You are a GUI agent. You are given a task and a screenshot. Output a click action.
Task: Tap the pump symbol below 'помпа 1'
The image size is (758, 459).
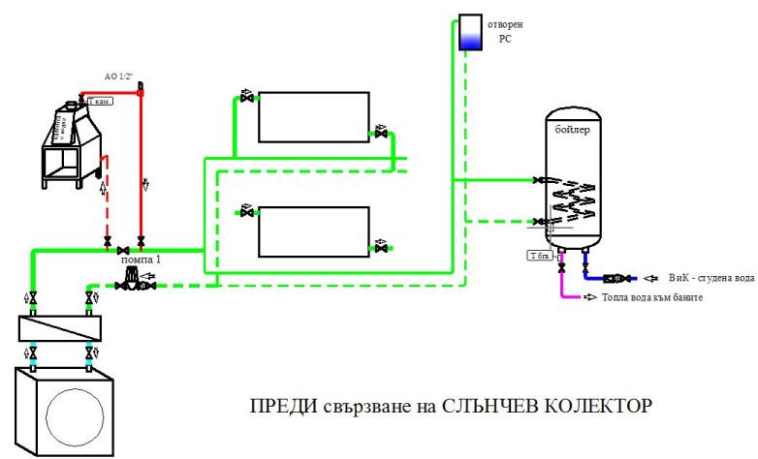pyautogui.click(x=127, y=284)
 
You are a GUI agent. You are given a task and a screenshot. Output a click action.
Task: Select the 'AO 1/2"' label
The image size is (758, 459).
pyautogui.click(x=122, y=76)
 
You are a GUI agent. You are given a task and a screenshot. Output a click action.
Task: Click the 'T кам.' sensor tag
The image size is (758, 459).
pyautogui.click(x=102, y=101)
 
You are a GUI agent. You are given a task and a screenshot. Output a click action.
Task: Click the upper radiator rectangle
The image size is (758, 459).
pyautogui.click(x=313, y=116)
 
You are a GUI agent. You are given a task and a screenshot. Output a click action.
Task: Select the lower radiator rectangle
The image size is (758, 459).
pyautogui.click(x=313, y=231)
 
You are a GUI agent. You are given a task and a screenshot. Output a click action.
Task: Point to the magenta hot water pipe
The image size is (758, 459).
pyautogui.click(x=563, y=287)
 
